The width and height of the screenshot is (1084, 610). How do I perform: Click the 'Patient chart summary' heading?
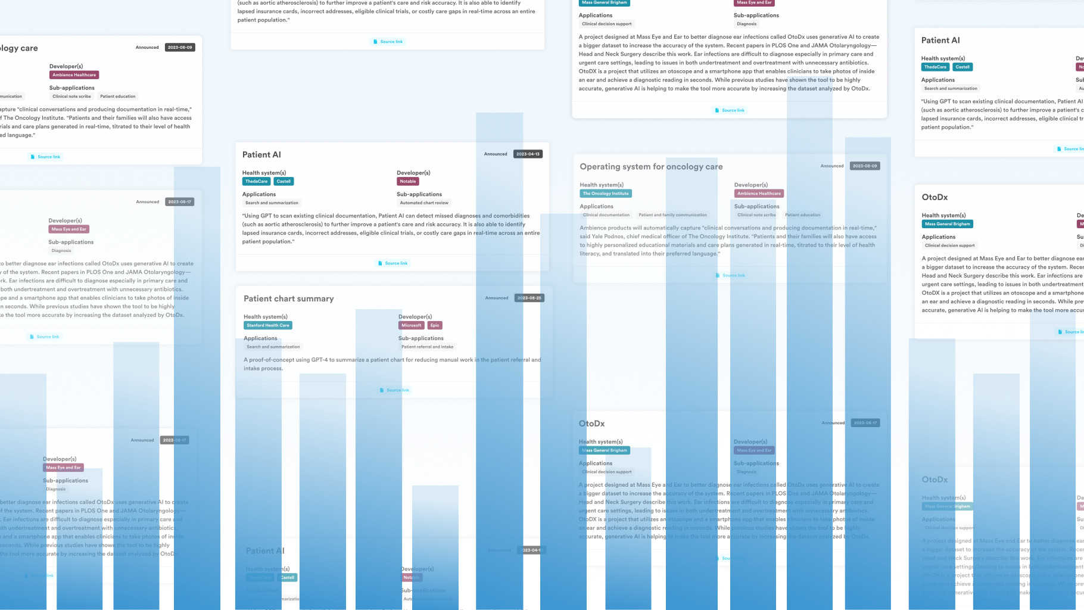[288, 298]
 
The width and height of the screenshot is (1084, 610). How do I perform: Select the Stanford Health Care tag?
[268, 325]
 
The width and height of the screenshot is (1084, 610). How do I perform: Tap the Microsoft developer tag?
[411, 325]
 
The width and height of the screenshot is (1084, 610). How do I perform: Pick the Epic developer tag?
[435, 325]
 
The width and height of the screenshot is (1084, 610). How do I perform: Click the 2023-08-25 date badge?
[529, 298]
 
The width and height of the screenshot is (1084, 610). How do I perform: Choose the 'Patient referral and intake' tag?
[427, 347]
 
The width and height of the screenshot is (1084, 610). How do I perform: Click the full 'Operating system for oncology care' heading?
[651, 167]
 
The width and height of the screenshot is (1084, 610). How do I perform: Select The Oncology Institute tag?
[605, 194]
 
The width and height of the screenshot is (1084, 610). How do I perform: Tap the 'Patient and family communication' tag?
[672, 215]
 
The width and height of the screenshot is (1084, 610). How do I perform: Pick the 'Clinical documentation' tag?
[606, 215]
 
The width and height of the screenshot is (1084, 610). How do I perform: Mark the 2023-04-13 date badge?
[528, 154]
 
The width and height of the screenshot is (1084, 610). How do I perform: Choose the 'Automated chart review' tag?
[424, 203]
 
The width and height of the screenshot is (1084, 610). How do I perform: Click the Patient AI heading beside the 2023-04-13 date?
[261, 155]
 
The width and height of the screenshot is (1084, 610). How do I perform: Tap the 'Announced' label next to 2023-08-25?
[497, 298]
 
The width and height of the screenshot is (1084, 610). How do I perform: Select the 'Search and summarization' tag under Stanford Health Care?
[273, 347]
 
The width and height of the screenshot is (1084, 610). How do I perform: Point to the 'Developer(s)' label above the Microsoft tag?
[415, 317]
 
